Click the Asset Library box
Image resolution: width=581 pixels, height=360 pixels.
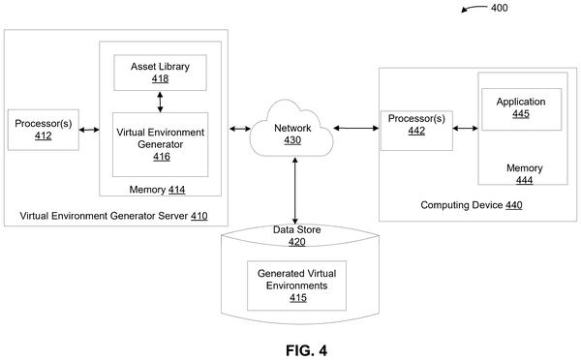pyautogui.click(x=160, y=73)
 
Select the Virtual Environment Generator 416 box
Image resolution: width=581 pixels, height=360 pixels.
pyautogui.click(x=161, y=144)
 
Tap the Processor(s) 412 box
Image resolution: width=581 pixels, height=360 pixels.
pyautogui.click(x=44, y=130)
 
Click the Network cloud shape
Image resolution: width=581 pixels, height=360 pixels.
pyautogui.click(x=291, y=129)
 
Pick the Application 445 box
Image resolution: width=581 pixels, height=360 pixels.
pyautogui.click(x=521, y=109)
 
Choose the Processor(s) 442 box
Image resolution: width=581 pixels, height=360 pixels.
pyautogui.click(x=416, y=131)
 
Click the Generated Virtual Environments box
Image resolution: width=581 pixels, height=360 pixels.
pyautogui.click(x=297, y=285)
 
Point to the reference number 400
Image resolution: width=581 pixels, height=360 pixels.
pyautogui.click(x=499, y=8)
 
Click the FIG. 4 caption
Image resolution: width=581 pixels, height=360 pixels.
pyautogui.click(x=306, y=350)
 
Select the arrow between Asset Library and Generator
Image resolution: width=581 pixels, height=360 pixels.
pyautogui.click(x=160, y=102)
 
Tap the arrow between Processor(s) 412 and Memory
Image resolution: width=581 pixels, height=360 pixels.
pyautogui.click(x=89, y=130)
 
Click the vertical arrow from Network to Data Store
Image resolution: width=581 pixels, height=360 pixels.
pyautogui.click(x=295, y=191)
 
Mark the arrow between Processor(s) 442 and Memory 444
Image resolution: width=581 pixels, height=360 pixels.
pyautogui.click(x=466, y=128)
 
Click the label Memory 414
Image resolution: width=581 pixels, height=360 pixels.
pyautogui.click(x=157, y=190)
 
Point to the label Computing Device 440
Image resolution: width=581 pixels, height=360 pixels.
pyautogui.click(x=472, y=205)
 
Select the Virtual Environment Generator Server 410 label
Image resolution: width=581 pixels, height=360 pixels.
pyautogui.click(x=113, y=216)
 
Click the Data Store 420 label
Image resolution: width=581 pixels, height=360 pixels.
pyautogui.click(x=297, y=235)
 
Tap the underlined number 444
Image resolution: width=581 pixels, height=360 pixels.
pyautogui.click(x=524, y=180)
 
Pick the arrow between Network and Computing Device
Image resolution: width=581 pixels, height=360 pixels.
pyautogui.click(x=356, y=128)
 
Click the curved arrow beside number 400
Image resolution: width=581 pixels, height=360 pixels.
pyautogui.click(x=474, y=8)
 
